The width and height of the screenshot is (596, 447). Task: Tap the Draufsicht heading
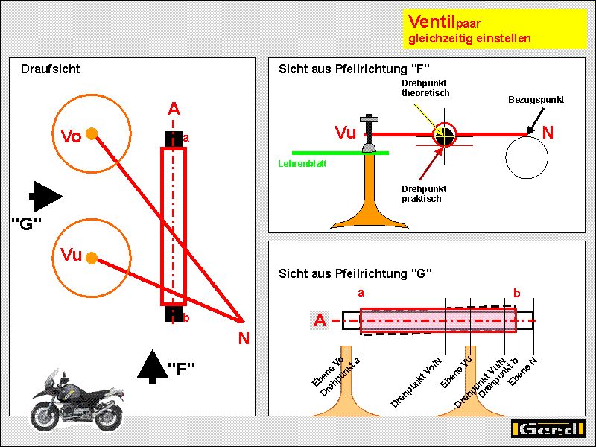tap(50, 69)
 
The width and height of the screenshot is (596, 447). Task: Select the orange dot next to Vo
tap(92, 134)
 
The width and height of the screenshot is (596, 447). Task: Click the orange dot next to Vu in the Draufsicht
tap(92, 258)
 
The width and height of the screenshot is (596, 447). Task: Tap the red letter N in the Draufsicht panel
tap(244, 337)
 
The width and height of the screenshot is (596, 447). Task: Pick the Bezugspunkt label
tap(536, 99)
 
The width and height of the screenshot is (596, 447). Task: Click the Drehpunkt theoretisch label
tap(425, 88)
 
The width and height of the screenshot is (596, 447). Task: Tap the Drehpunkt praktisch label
tap(421, 194)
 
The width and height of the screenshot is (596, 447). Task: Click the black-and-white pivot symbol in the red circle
tap(445, 135)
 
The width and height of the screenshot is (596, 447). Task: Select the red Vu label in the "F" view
tap(346, 133)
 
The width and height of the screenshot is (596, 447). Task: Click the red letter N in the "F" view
tap(548, 133)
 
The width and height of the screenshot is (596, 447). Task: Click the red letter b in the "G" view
tap(517, 293)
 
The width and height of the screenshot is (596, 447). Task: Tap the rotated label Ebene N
tap(522, 370)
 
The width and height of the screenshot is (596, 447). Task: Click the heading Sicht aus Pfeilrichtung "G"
tap(355, 273)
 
